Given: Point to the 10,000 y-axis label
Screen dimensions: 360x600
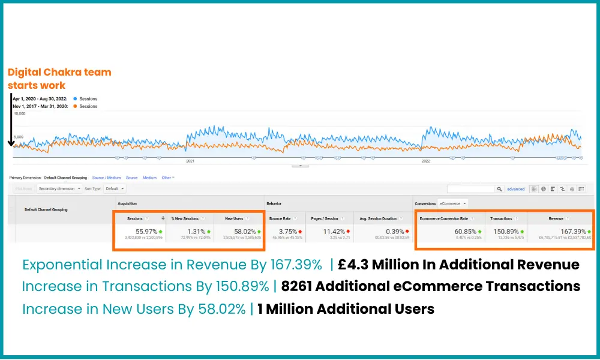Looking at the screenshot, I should click(x=19, y=113).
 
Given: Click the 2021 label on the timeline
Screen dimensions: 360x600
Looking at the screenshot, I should click(x=190, y=161).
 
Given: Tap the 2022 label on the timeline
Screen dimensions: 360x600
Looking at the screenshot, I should click(x=426, y=161).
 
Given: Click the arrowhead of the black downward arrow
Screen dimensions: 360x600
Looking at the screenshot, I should click(x=11, y=144).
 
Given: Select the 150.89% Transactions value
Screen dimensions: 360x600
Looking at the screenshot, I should click(x=506, y=231).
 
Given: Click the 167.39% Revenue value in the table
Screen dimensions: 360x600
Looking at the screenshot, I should click(x=574, y=231).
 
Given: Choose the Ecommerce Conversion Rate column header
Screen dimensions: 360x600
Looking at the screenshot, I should click(x=443, y=218).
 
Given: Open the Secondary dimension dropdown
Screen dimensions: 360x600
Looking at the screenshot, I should click(x=58, y=188).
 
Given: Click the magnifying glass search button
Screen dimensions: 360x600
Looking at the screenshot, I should click(x=499, y=188).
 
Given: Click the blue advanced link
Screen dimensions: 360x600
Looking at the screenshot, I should click(x=515, y=189).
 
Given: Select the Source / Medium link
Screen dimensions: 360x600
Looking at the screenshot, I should click(x=106, y=178).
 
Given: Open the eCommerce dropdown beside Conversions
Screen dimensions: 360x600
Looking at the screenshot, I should click(x=452, y=203).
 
